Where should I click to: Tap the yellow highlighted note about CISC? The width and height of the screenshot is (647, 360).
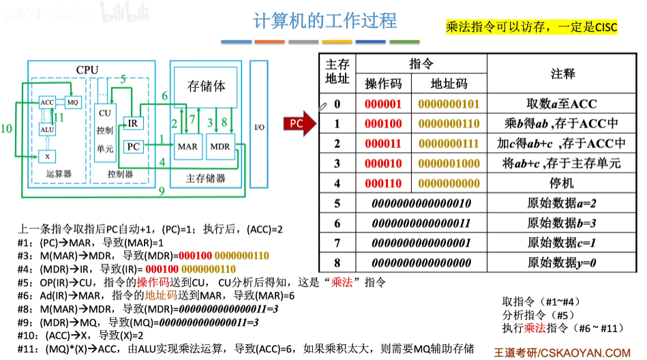(531, 27)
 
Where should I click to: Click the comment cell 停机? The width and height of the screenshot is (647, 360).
(562, 183)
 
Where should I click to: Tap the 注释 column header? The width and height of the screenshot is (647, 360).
(562, 74)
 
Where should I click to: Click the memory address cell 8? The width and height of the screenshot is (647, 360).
(337, 262)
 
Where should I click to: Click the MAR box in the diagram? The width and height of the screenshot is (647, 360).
(187, 146)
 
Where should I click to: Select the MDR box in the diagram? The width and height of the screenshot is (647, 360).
(220, 146)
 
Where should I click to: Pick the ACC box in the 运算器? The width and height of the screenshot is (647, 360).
(47, 102)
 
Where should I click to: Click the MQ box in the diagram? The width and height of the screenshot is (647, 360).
(73, 102)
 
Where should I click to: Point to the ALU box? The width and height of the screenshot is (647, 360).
(47, 129)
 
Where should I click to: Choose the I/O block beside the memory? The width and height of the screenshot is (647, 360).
(259, 127)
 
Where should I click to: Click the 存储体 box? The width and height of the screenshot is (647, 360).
(206, 87)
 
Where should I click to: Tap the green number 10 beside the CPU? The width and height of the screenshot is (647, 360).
(7, 127)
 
